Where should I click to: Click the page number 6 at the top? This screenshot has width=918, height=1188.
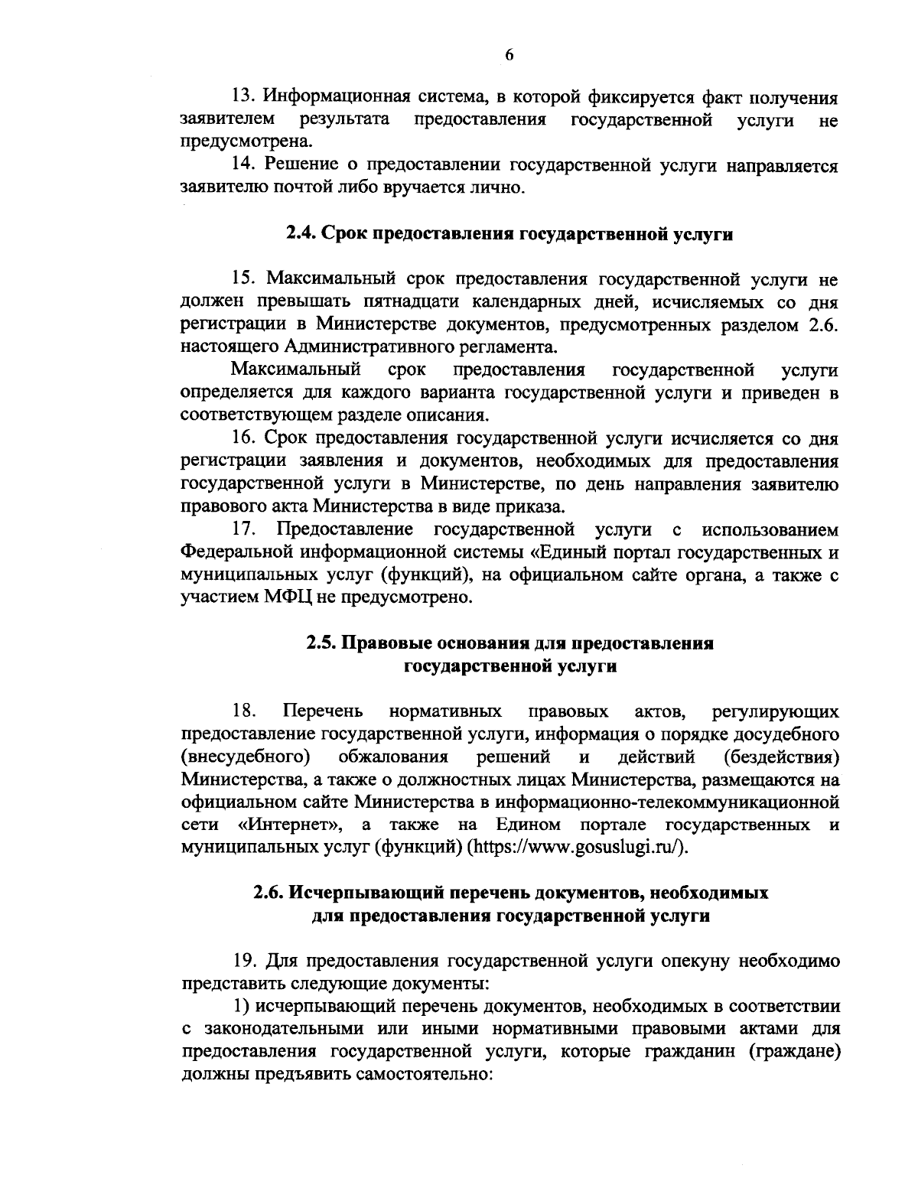(x=509, y=54)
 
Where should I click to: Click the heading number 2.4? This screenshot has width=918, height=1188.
(x=301, y=234)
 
